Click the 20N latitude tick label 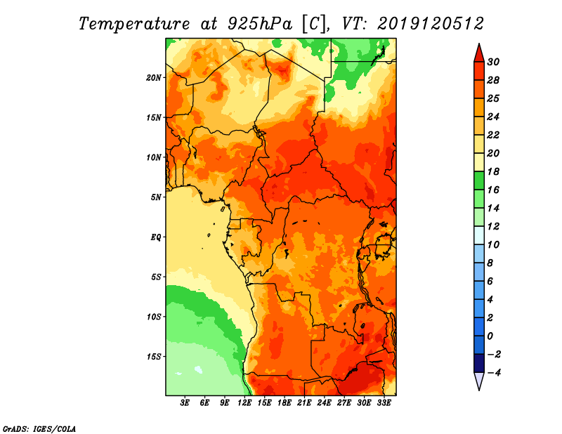155,77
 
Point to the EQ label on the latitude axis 156,237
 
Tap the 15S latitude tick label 155,356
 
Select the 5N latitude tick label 157,197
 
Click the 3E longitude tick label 185,403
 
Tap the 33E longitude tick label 384,403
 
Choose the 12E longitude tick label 245,403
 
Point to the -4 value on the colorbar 502,372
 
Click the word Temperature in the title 130,23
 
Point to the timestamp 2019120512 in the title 431,23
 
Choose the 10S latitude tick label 155,317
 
